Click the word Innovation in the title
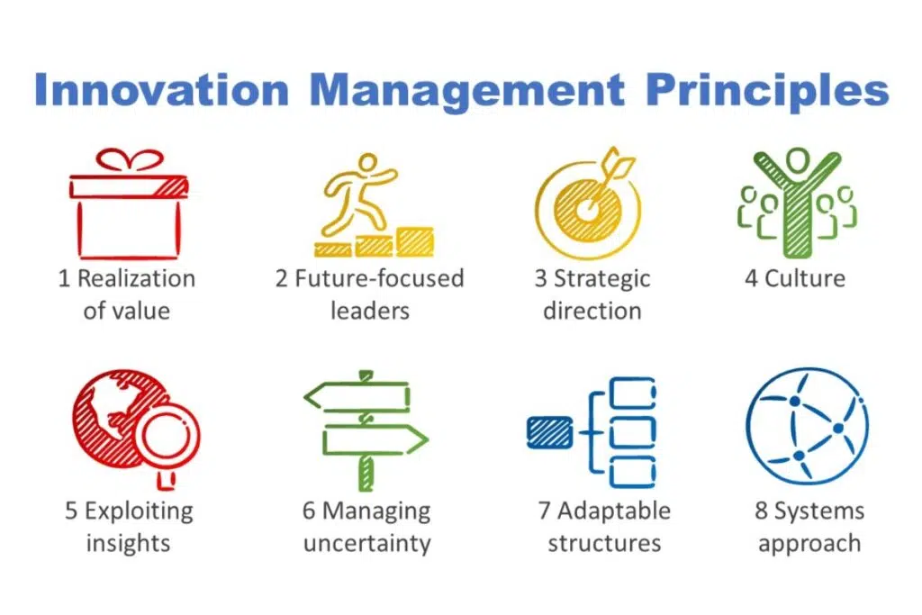point(162,90)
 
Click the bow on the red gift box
point(130,160)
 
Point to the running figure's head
point(368,162)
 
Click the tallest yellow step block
point(414,241)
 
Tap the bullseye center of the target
point(586,210)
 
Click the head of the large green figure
point(798,159)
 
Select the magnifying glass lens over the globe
point(167,436)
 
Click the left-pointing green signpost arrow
point(357,396)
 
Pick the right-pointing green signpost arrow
point(375,439)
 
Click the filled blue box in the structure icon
point(549,432)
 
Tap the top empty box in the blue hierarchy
point(632,393)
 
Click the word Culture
point(804,278)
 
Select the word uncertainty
point(367,543)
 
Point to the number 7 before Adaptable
point(545,511)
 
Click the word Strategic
point(602,280)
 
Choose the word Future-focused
point(379,278)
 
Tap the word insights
point(128,544)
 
